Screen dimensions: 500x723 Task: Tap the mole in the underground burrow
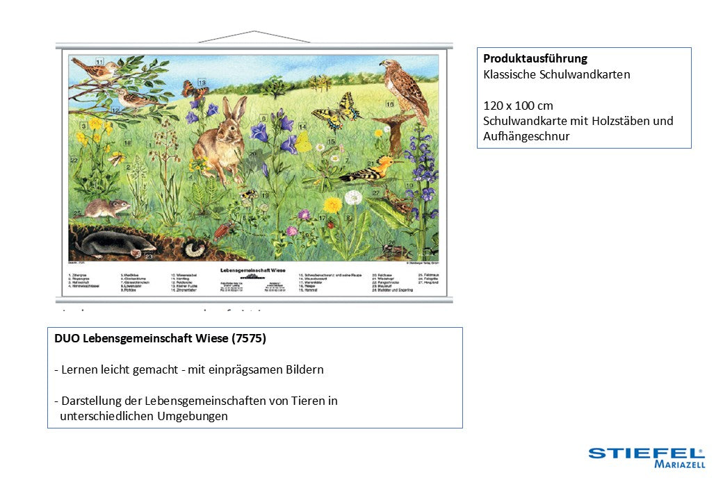(115, 244)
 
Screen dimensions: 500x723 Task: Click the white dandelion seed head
(353, 198)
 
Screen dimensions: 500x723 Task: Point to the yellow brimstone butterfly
(304, 142)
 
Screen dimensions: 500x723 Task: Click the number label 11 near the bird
(100, 60)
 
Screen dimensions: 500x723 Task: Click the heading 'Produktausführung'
(535, 58)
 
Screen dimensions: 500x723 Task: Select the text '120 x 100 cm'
(518, 106)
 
